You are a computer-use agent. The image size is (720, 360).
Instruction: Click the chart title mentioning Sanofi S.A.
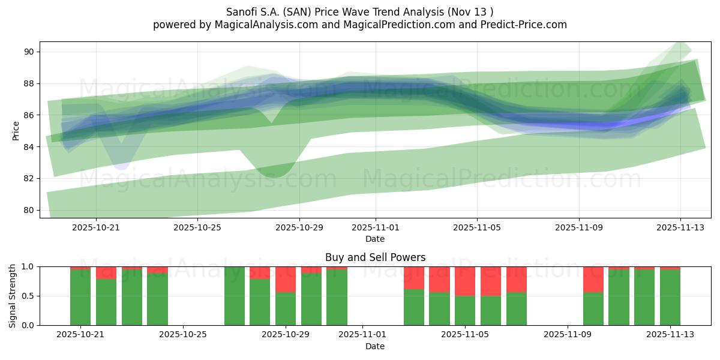pos(360,11)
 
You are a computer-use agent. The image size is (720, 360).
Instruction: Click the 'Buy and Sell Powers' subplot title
pos(375,257)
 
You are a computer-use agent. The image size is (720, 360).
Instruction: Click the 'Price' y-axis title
pos(16,130)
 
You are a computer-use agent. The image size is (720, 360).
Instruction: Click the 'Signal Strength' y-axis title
pos(13,296)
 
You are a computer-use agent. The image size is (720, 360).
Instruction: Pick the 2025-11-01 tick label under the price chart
pos(376,227)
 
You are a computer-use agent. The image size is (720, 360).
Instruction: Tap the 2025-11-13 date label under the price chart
pos(680,227)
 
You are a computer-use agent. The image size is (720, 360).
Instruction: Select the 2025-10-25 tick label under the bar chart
pos(184,335)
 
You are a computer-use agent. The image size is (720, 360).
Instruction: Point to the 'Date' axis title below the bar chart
pos(375,346)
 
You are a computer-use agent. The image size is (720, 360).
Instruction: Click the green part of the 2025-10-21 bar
pos(80,298)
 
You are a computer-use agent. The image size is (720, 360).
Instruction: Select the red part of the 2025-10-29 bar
pos(286,280)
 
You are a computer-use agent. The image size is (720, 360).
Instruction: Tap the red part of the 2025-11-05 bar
pos(465,281)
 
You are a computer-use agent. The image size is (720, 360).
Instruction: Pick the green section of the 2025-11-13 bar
pos(670,298)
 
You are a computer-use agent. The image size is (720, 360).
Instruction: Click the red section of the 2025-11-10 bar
pos(593,280)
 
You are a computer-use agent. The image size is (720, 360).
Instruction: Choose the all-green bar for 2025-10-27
pos(235,296)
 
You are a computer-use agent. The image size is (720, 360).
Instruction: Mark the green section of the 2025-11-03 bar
pos(414,307)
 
